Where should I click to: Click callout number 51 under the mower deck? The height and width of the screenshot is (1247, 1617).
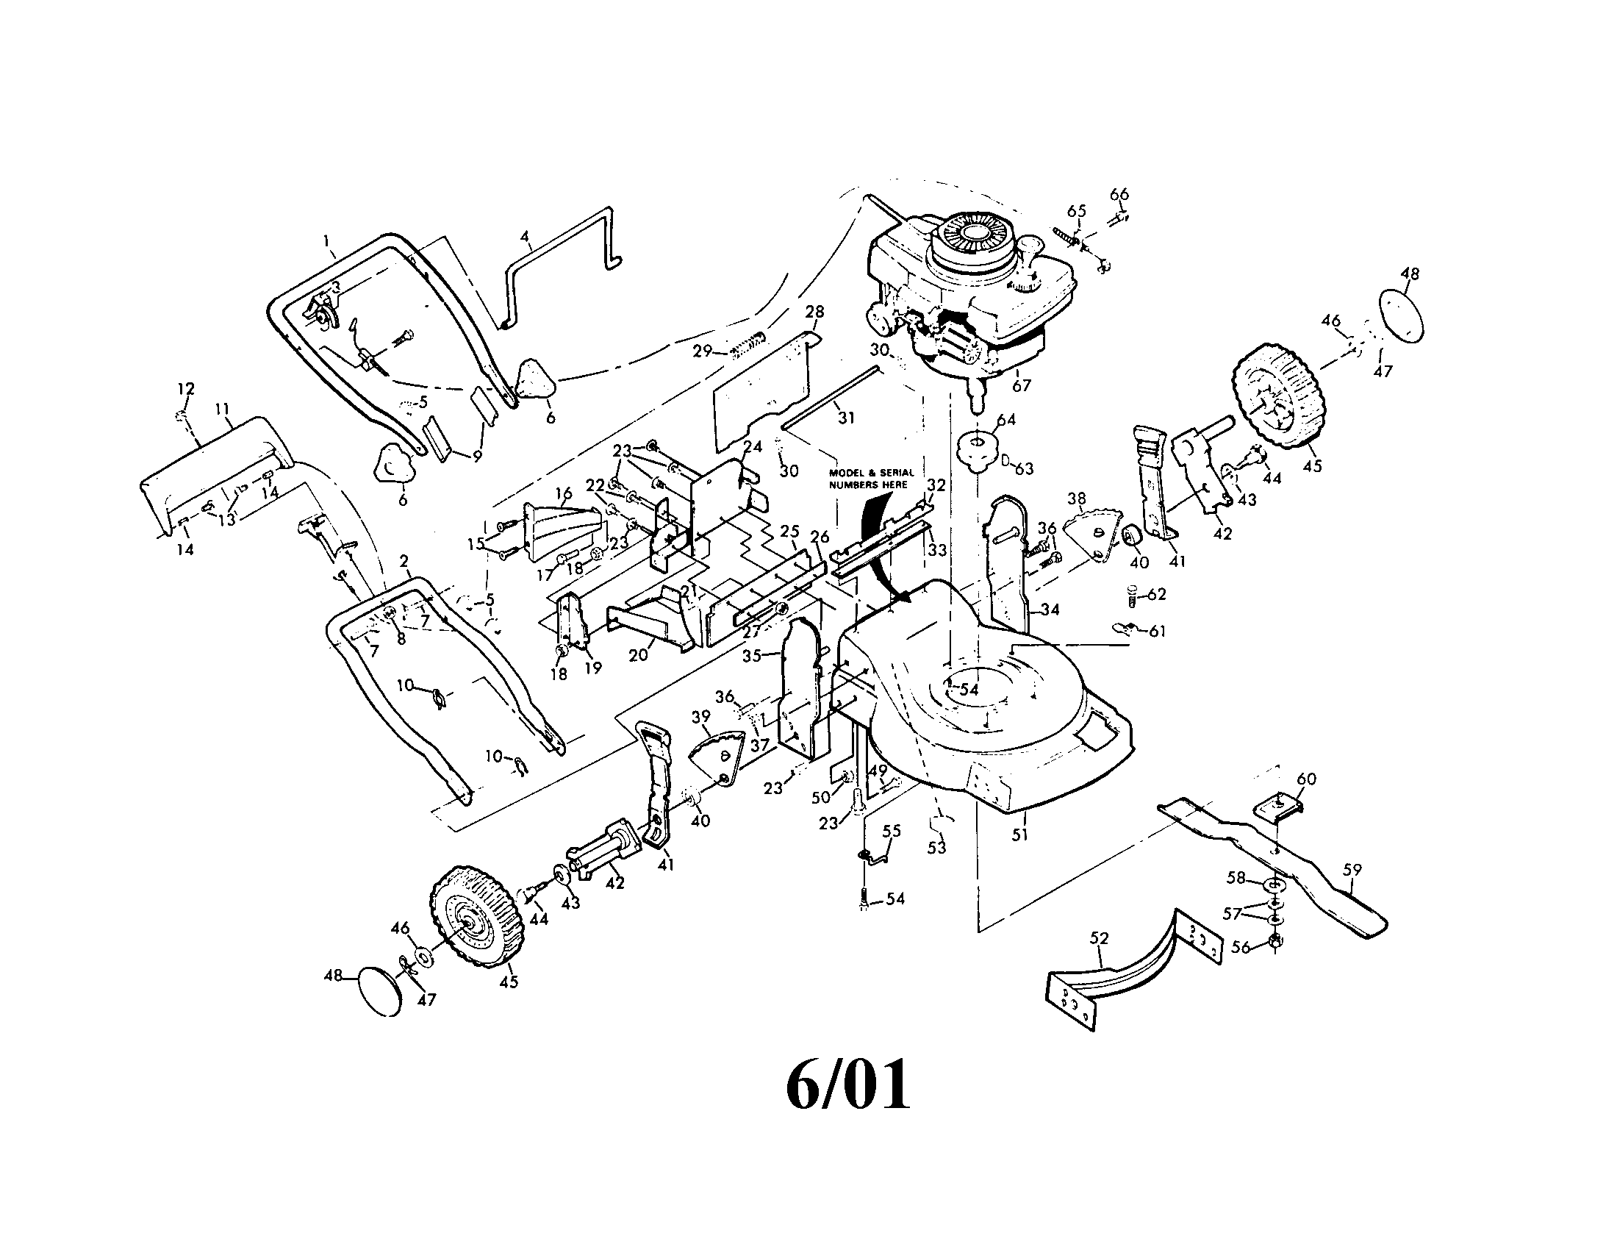click(1020, 835)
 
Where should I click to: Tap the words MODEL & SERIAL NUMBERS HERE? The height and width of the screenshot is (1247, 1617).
click(872, 479)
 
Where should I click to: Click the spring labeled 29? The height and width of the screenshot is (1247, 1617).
click(746, 346)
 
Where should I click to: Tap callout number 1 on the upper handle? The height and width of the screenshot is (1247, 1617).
click(326, 240)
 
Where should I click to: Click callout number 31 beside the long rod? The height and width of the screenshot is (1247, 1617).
click(845, 418)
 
